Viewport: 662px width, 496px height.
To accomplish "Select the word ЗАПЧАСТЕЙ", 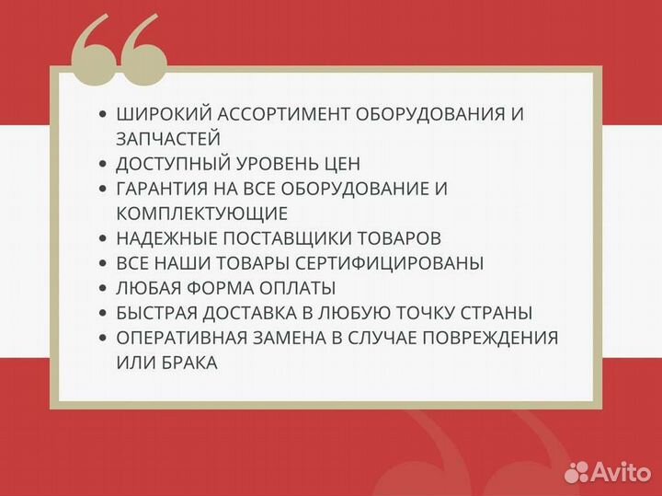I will (168, 139).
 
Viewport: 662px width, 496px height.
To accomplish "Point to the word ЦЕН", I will (340, 164).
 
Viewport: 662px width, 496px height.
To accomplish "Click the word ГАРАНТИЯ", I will (159, 189).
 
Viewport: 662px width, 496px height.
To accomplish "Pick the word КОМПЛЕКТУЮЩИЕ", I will (202, 213).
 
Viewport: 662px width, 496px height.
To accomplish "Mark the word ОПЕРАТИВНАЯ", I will (176, 338).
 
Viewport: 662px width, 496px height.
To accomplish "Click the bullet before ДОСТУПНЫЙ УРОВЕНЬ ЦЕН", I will (102, 164).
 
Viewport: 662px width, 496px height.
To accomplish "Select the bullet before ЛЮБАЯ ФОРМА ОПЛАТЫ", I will (102, 288).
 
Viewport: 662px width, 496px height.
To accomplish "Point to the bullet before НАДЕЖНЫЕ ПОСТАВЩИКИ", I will (102, 238).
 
